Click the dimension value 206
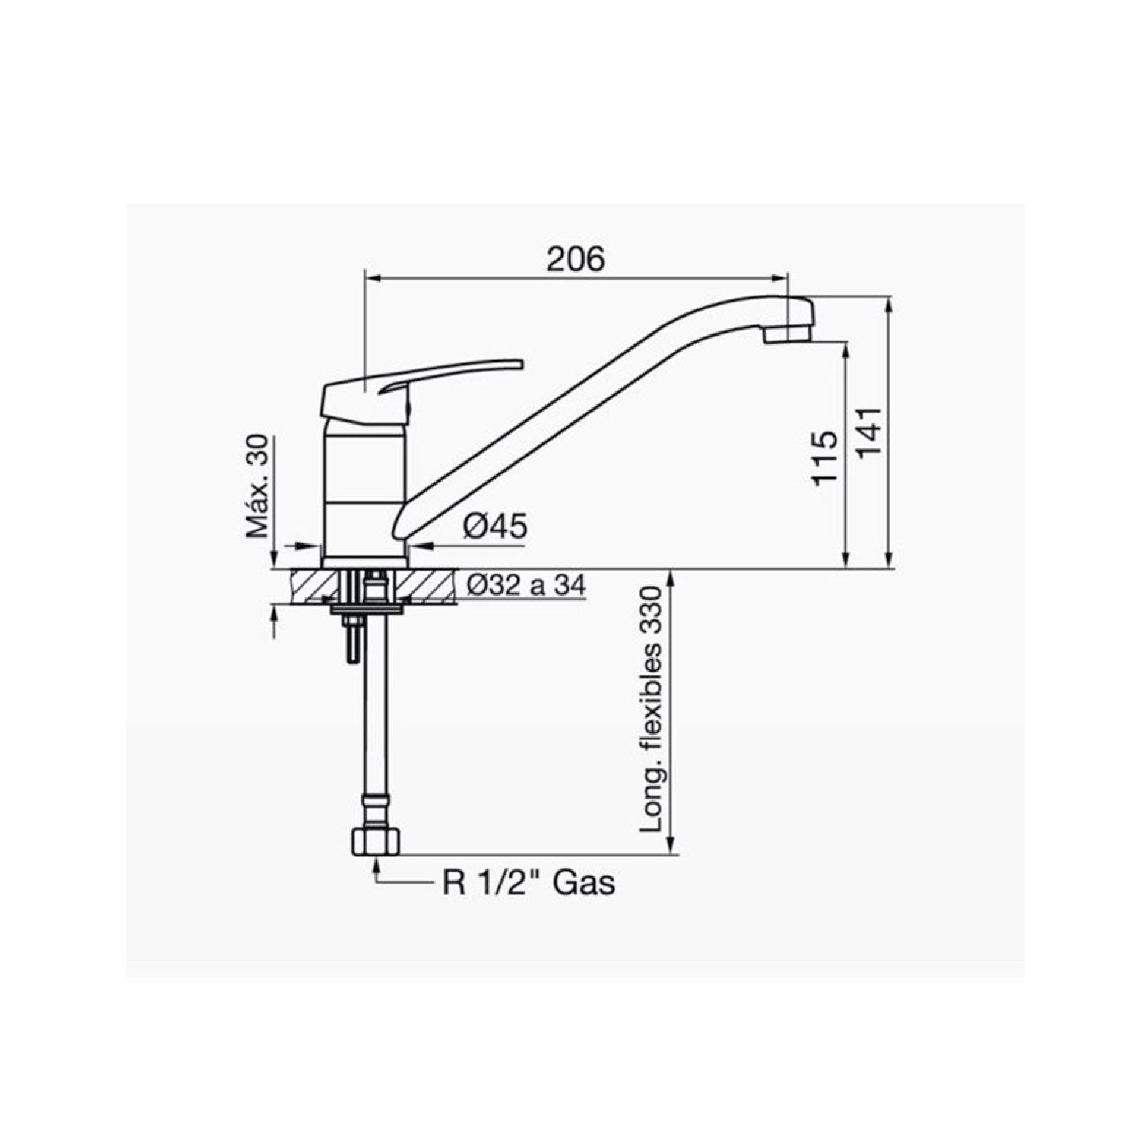(576, 258)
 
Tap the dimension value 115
(824, 458)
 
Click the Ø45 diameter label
(495, 527)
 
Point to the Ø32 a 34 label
(526, 585)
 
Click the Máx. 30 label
(258, 486)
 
